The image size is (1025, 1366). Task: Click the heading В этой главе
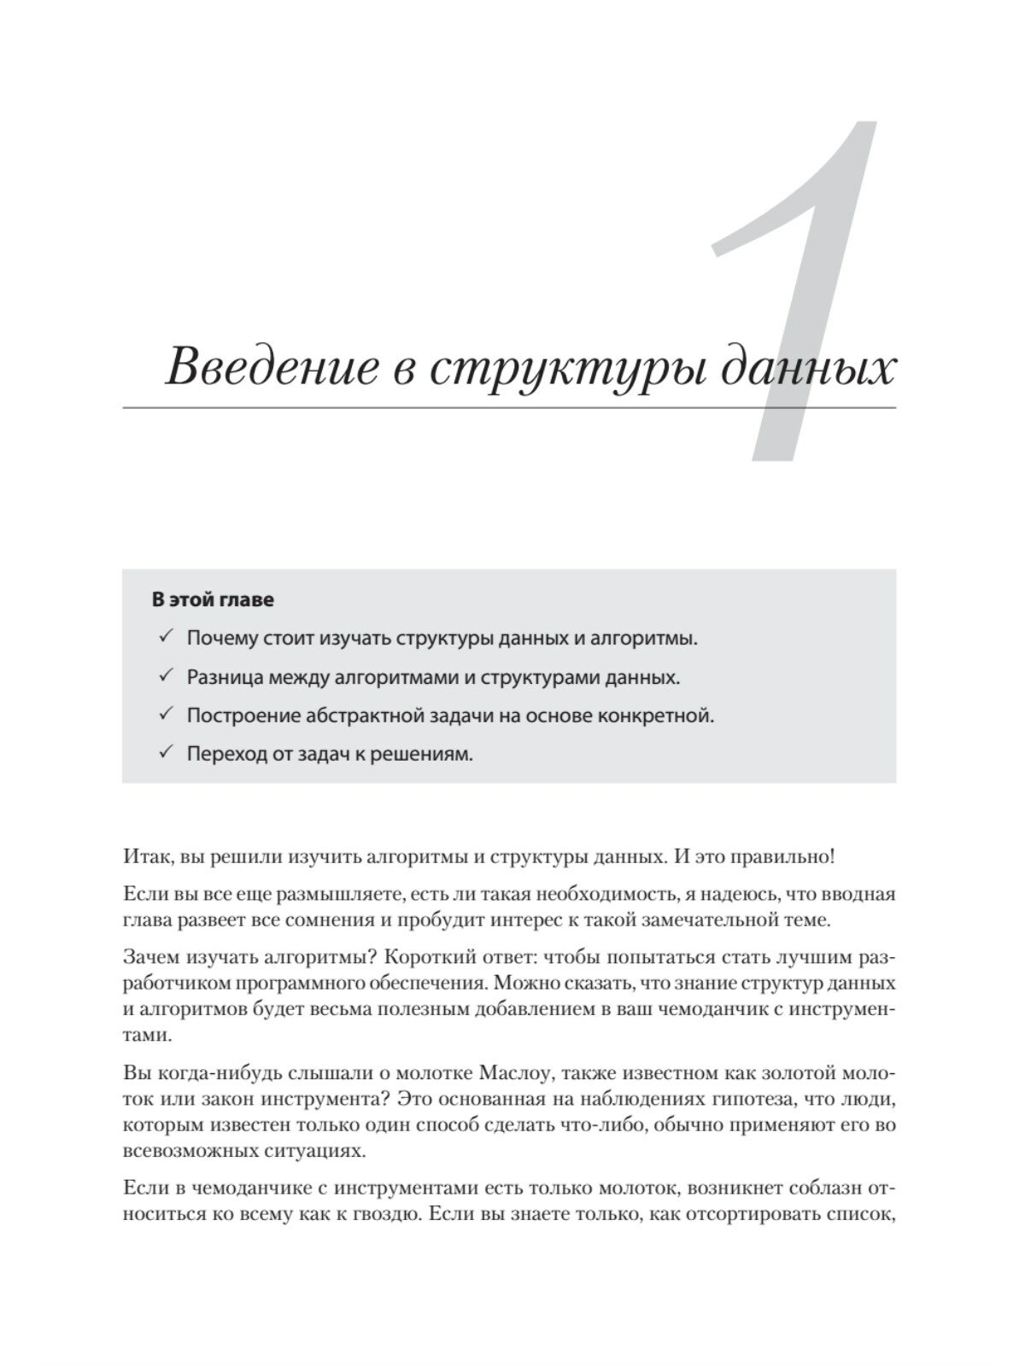[213, 599]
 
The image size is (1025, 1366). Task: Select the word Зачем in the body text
[151, 954]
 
